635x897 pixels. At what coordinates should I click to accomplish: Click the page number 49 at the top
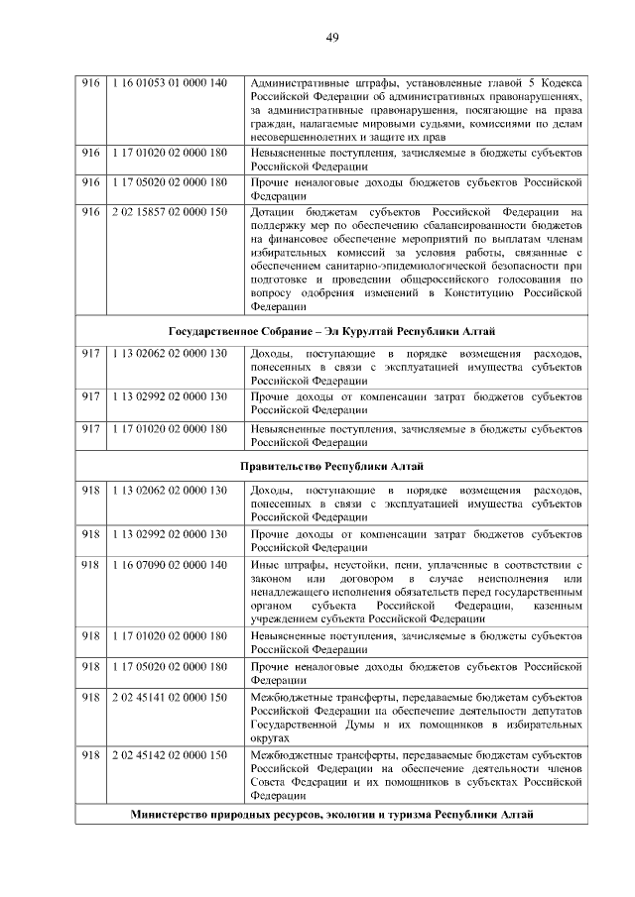tap(332, 38)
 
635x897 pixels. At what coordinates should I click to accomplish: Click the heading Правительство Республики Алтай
tap(331, 466)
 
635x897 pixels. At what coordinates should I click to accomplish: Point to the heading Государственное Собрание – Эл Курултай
tap(331, 331)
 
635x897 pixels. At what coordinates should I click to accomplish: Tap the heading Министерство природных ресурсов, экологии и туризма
tap(331, 815)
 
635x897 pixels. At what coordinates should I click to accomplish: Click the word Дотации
tap(273, 212)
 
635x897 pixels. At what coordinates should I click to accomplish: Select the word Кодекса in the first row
tap(561, 83)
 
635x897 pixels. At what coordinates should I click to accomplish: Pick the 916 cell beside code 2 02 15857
tap(91, 212)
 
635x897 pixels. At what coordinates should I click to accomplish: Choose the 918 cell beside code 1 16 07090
tap(91, 564)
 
